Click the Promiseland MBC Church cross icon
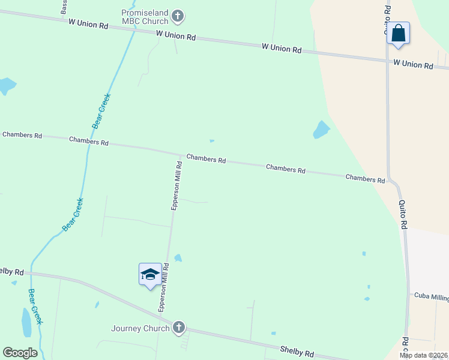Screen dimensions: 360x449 click(178, 16)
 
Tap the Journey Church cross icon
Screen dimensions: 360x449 click(178, 328)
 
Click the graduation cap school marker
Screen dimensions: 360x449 click(150, 275)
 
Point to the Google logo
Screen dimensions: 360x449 click(20, 353)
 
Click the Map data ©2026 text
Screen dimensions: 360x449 click(423, 355)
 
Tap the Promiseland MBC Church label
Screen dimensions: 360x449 click(144, 17)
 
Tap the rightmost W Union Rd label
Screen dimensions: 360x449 click(413, 64)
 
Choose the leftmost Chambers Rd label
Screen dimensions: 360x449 click(22, 135)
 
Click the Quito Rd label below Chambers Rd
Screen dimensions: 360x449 click(403, 214)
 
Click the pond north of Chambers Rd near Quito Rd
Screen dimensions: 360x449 click(321, 129)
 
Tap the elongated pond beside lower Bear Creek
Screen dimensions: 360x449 click(26, 323)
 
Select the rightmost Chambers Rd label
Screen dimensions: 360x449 click(365, 178)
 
